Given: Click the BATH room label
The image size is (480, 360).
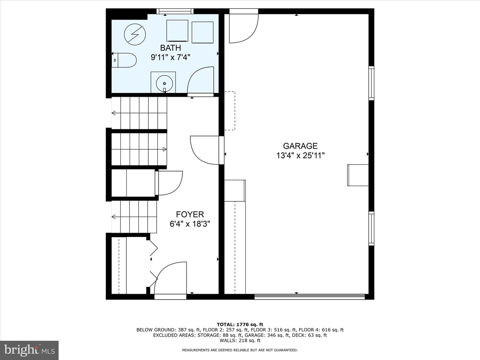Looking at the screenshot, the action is pos(170,48).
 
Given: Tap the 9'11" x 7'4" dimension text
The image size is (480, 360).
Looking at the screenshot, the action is pos(170,57).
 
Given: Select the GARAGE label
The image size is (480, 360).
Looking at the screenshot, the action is pos(300,146).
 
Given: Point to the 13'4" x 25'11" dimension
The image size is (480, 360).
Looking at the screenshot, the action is pos(300,156).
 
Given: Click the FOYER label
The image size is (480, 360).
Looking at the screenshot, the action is pos(190,214).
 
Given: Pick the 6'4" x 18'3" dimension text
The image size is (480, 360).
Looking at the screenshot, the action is pos(190,224).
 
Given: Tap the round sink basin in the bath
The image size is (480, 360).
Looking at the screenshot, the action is pos(164,83).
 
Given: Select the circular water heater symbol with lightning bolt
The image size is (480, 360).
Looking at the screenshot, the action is pos(135,35).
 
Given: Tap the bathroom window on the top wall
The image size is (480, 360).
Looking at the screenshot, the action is pos(175,11).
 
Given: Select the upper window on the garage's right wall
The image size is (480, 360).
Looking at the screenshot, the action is pos(371,83).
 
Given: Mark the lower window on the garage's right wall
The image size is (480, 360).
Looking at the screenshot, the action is pos(371,228).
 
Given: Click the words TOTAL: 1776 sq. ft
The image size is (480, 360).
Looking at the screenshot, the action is pos(240,325).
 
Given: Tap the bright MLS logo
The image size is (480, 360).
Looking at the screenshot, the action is pos(29,350).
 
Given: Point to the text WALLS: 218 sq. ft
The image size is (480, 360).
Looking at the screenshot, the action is pos(240,341).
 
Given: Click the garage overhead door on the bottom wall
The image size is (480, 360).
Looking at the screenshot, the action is pos(310,297).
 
